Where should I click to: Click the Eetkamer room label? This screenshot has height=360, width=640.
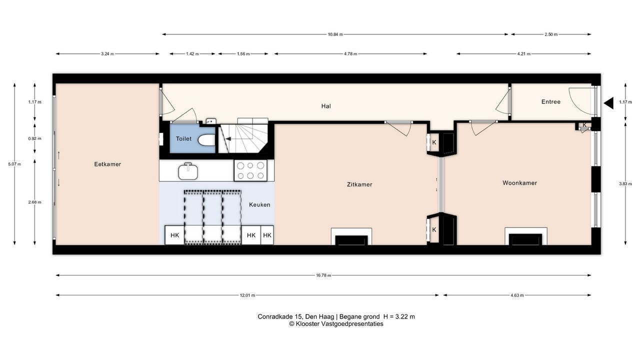107,164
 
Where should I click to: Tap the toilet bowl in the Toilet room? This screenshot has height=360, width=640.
206,140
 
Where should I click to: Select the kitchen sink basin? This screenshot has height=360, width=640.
188,171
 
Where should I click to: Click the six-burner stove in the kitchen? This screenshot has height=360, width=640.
250,170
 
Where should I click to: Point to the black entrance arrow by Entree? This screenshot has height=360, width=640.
608,103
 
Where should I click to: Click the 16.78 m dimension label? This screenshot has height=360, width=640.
323,275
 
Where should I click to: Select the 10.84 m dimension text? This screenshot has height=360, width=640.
335,34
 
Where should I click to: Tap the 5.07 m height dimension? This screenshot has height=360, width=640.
14,164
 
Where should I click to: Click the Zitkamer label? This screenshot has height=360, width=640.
359,184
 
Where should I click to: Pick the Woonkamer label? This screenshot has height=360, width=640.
519,183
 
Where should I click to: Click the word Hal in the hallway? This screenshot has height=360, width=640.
326,106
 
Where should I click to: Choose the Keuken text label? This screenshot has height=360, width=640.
259,204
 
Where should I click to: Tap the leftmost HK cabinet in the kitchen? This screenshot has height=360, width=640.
174,235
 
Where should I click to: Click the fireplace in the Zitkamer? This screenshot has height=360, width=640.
351,236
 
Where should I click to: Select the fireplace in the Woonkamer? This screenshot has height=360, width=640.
525,236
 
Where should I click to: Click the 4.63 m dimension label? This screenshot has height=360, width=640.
517,295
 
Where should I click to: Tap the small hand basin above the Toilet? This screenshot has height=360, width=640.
211,121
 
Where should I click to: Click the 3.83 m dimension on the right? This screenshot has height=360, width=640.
625,183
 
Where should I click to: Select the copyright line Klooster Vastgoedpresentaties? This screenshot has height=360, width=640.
336,323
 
